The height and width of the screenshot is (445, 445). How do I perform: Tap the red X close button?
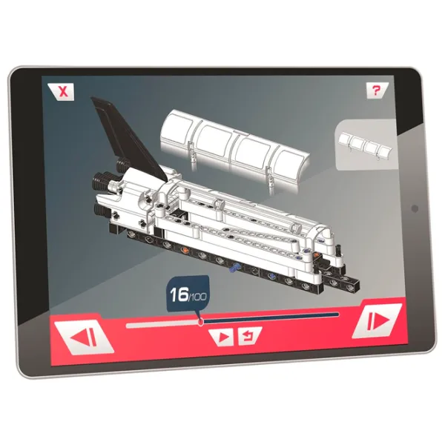point(62,92)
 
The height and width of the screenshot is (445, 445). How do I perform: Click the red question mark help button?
point(377,90)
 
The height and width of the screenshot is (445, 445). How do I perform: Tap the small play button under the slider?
point(222,337)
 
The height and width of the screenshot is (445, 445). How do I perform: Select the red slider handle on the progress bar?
point(201,322)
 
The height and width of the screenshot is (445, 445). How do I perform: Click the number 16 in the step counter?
point(179,294)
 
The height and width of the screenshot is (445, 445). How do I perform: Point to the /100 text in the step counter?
point(197,297)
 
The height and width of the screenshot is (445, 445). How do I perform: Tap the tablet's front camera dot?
point(415,208)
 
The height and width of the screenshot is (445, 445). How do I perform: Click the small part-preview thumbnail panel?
point(366,145)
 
